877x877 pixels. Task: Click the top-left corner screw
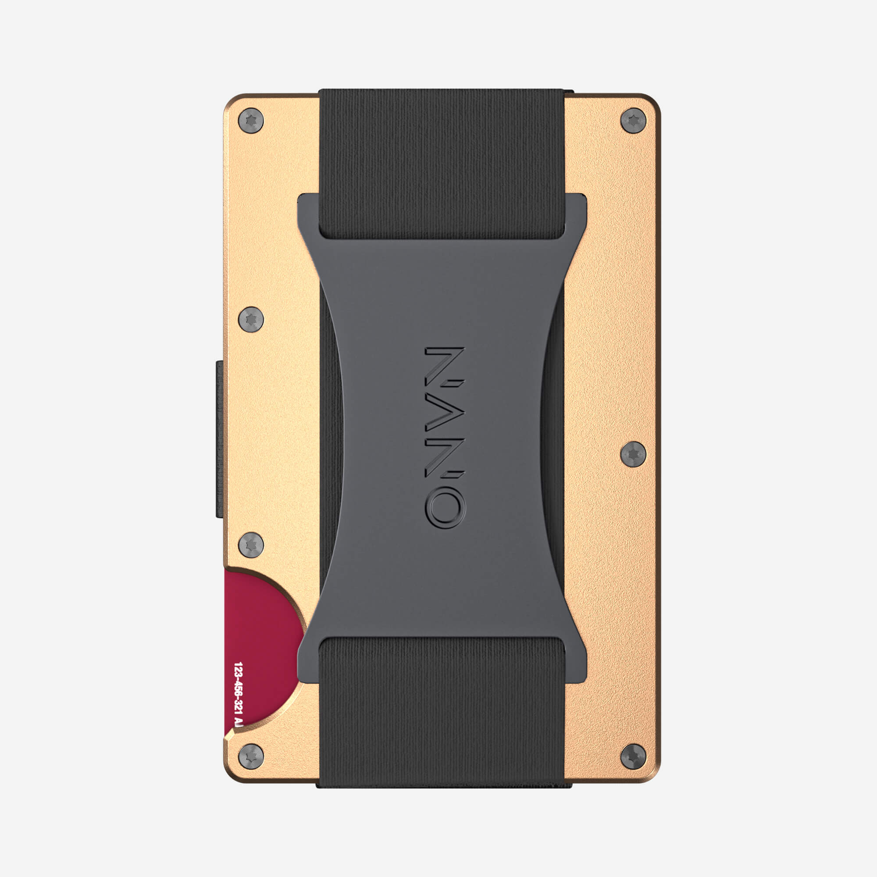250,121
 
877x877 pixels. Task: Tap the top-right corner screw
633,121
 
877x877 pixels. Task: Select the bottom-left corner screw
250,756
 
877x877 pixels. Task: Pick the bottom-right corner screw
633,756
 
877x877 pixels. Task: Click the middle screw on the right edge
633,453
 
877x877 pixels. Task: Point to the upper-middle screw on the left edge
250,319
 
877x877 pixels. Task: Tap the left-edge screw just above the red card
250,545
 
